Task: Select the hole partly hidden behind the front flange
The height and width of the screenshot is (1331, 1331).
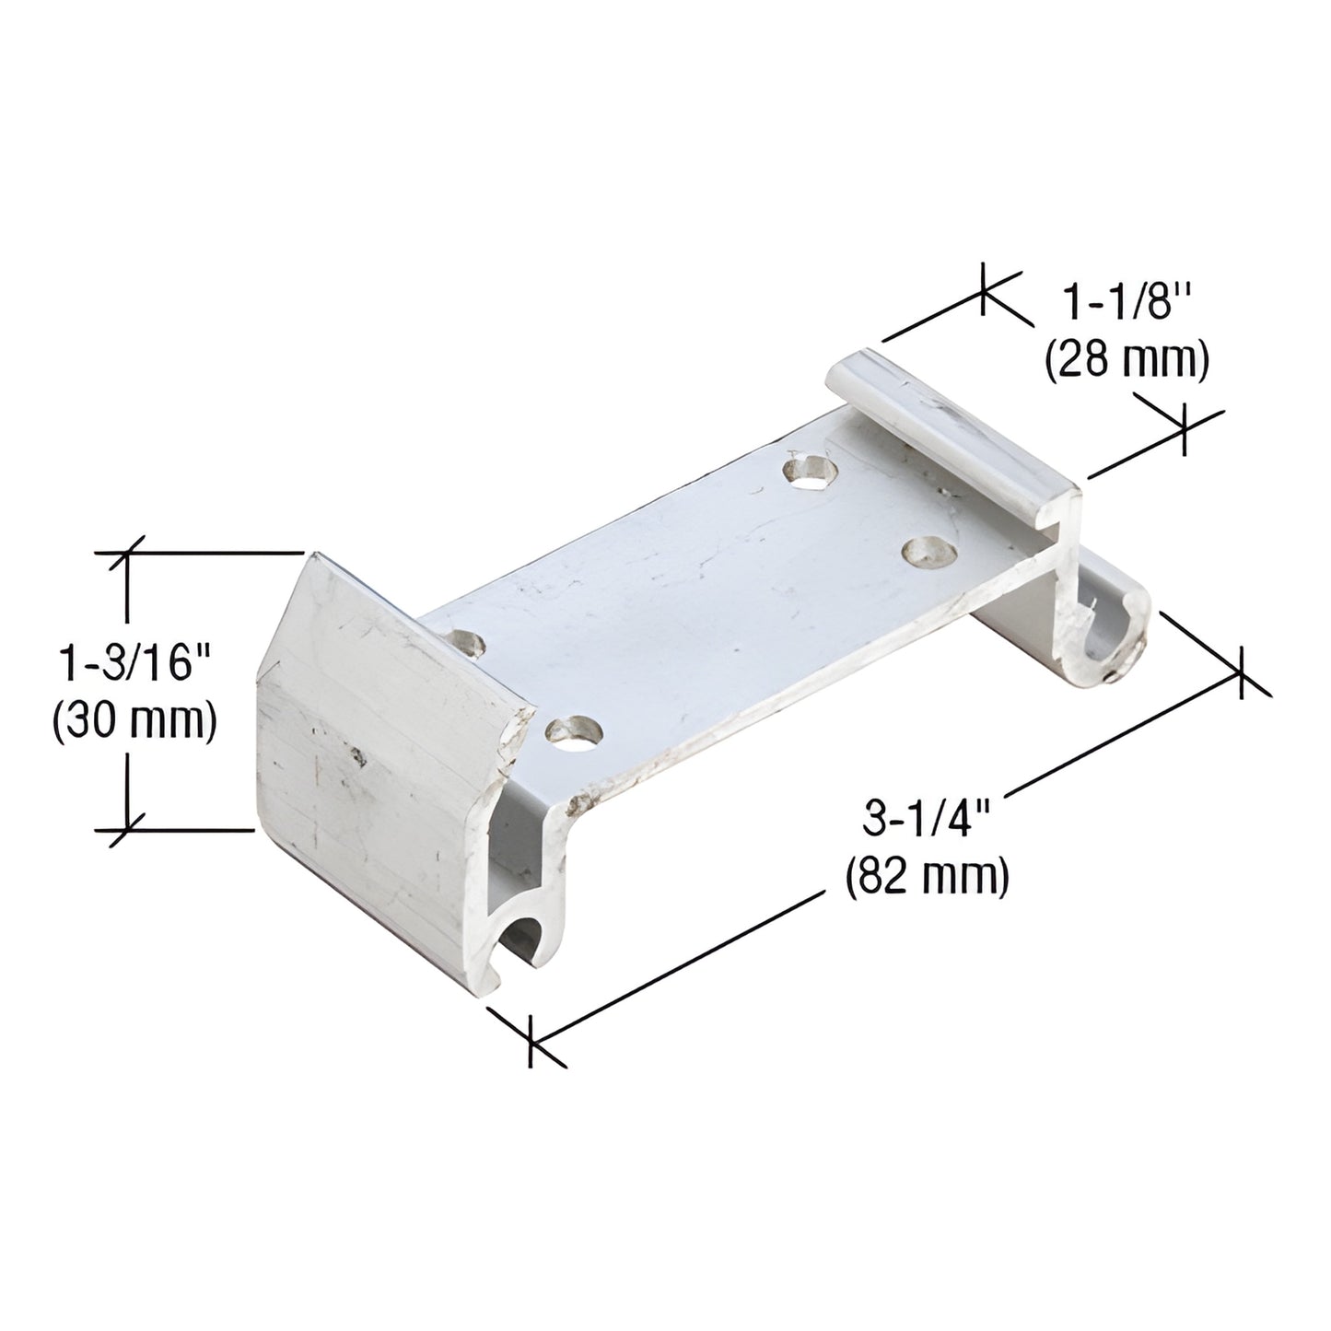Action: pos(466,642)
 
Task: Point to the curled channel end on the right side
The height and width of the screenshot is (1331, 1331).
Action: pos(1113,632)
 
